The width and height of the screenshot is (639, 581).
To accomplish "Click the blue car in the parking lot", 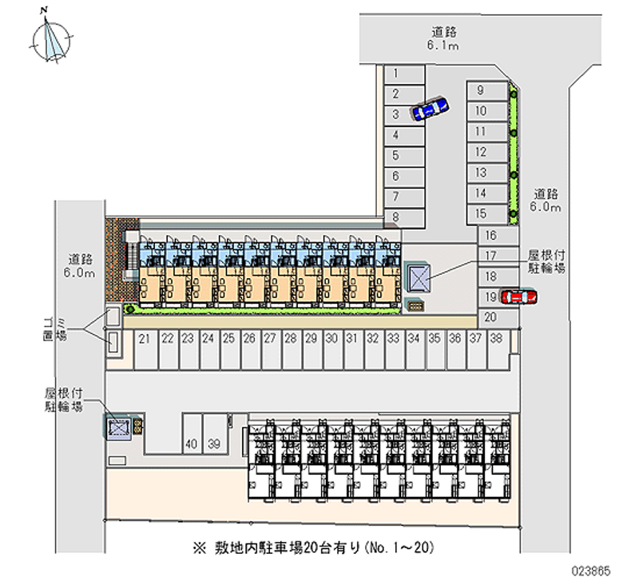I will [429, 108].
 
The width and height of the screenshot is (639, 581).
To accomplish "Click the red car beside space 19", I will [518, 296].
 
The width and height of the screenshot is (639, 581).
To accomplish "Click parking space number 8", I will [396, 217].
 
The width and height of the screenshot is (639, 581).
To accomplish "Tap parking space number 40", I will [192, 443].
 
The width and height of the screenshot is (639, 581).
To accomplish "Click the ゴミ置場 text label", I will [55, 328].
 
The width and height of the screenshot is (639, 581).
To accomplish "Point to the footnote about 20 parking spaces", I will [316, 548].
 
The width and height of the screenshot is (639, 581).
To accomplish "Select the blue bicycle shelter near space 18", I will [419, 278].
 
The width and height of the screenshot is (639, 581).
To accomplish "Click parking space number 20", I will [490, 317].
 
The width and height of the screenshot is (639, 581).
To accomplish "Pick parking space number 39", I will [214, 443].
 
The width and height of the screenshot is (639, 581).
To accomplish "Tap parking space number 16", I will [491, 235].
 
